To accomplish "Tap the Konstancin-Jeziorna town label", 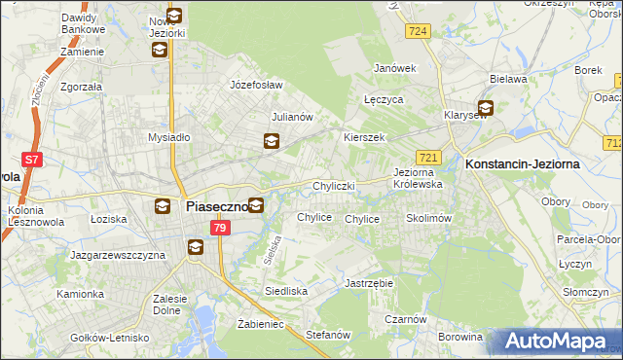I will (x=523, y=164).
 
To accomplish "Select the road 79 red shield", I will (x=220, y=228).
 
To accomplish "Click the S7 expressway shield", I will (x=32, y=160).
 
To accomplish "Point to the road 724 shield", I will (x=419, y=32).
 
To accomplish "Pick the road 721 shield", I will (x=427, y=157).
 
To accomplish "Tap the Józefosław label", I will (x=255, y=85).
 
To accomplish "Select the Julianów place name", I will (x=291, y=117).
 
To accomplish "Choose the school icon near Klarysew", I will (x=484, y=109).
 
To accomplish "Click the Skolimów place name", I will (x=428, y=219).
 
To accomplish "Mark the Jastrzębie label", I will (x=368, y=283).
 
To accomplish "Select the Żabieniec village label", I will (x=260, y=324).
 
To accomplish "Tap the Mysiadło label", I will (x=167, y=137).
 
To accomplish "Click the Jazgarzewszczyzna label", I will (x=117, y=254).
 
